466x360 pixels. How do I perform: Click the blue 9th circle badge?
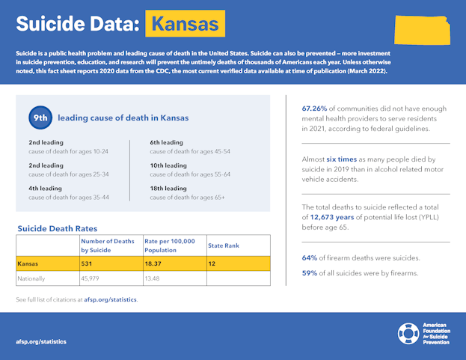(41, 118)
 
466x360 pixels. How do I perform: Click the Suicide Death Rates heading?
(58, 228)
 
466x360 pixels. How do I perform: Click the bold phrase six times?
(342, 159)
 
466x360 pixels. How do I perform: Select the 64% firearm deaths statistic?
(309, 258)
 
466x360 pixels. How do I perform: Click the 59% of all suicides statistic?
(309, 272)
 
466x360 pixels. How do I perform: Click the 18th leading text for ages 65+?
(167, 188)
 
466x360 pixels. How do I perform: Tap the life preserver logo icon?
(408, 334)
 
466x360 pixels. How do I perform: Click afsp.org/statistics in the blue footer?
(41, 341)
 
